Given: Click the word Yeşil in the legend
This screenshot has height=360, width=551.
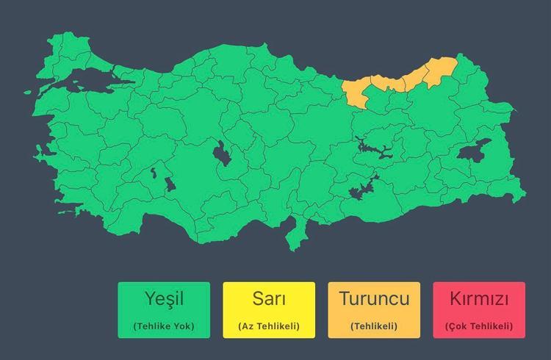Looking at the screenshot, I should (x=164, y=300).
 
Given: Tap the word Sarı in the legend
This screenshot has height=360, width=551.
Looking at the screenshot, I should (x=269, y=300).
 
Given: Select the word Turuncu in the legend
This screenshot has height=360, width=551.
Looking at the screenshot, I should (x=374, y=300).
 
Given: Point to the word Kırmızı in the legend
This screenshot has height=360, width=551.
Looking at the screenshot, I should (x=479, y=300).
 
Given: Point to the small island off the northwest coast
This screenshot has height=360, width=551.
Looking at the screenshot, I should (x=29, y=93).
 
